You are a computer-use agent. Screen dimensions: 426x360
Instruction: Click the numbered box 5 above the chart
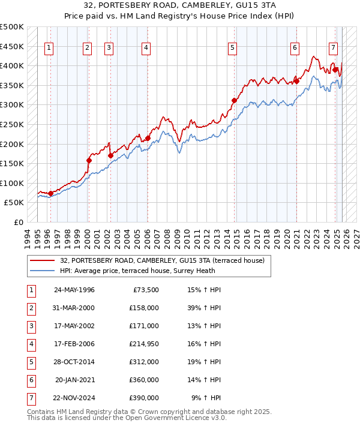click(232, 49)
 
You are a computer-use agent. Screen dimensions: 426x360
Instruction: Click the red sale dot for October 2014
click(234, 100)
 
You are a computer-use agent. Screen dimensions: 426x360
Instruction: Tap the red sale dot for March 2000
click(89, 160)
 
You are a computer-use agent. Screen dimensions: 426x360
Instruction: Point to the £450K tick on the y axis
click(12, 46)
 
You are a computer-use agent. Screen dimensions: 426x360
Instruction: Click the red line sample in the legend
click(43, 260)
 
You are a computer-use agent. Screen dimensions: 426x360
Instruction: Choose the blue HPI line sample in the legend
click(43, 271)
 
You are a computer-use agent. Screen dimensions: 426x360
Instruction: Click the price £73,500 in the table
click(146, 290)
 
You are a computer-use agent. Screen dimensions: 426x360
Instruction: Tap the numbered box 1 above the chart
click(49, 49)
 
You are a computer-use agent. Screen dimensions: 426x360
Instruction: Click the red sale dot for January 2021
click(296, 81)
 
